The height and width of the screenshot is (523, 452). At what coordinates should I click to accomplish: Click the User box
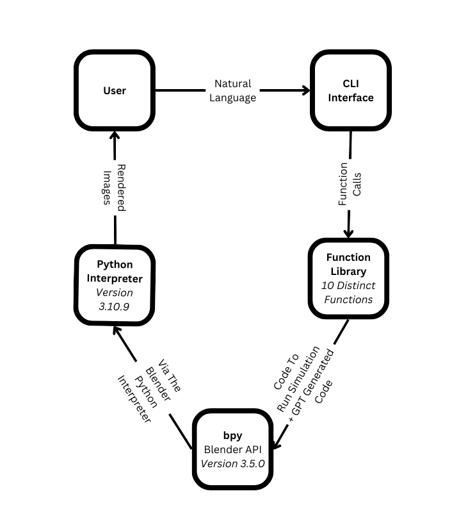click(115, 90)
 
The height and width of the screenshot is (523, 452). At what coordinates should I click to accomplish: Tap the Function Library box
click(348, 279)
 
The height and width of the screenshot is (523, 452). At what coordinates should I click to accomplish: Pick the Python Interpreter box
click(115, 285)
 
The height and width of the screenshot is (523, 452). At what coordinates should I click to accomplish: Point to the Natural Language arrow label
click(233, 91)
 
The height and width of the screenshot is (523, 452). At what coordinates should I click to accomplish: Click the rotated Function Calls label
click(350, 184)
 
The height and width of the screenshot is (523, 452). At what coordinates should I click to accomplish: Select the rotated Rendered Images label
click(114, 187)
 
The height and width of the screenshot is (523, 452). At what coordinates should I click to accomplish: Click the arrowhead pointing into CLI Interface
click(305, 90)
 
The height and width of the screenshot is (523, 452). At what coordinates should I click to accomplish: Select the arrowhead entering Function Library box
click(349, 233)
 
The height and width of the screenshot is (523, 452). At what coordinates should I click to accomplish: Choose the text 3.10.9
click(115, 306)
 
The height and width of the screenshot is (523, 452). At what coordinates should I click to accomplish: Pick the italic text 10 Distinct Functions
click(348, 292)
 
